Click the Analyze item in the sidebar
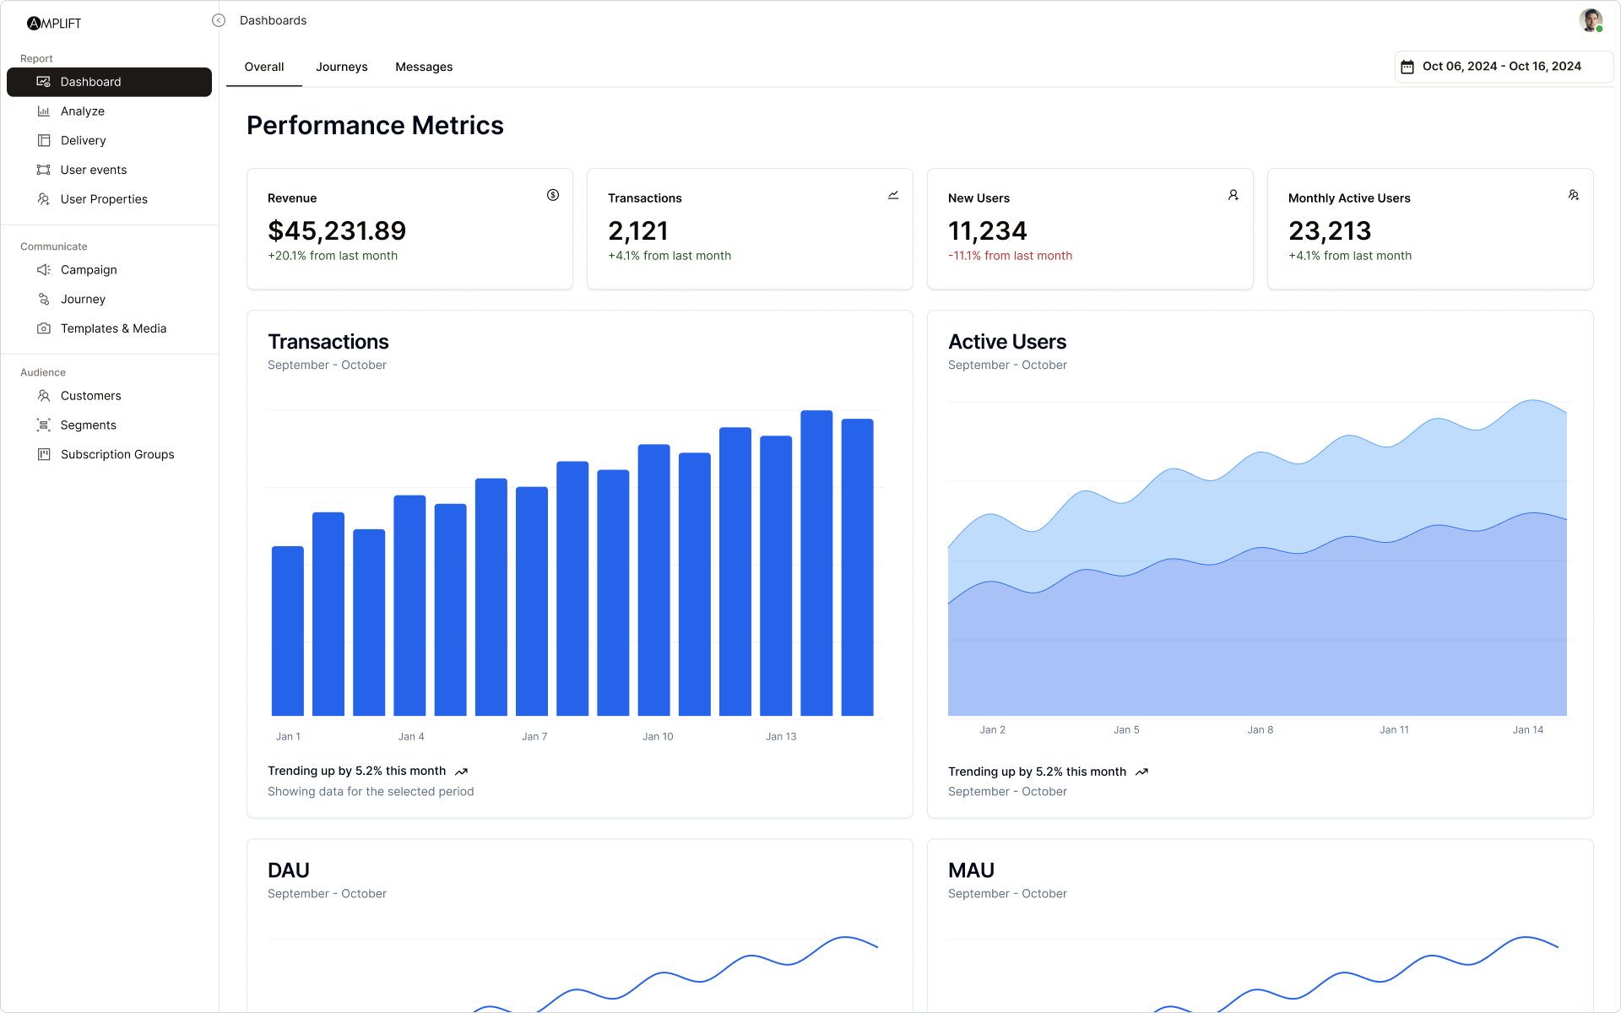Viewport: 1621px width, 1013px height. click(82, 111)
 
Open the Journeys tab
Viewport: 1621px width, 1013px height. click(341, 67)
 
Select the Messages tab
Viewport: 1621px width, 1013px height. click(424, 67)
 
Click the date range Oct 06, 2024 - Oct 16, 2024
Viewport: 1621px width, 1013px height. click(1501, 67)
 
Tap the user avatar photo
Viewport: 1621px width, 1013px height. click(1590, 20)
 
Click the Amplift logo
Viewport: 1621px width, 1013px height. click(54, 23)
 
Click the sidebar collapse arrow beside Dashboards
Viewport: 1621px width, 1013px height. click(219, 20)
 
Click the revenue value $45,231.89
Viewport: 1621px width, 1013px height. click(337, 230)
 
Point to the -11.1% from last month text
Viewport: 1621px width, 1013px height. click(1010, 256)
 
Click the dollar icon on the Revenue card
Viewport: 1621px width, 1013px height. click(553, 195)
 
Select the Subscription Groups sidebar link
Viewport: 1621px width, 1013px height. click(117, 454)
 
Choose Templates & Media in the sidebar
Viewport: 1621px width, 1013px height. click(113, 328)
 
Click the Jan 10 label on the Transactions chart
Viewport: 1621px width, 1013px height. click(658, 736)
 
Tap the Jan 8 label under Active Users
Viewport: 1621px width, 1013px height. click(1260, 729)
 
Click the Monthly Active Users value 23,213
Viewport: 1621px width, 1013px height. click(1330, 230)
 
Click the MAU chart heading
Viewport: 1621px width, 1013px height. click(971, 870)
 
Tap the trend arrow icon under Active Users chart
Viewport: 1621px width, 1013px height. click(1141, 772)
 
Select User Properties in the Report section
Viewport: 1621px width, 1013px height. click(104, 199)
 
